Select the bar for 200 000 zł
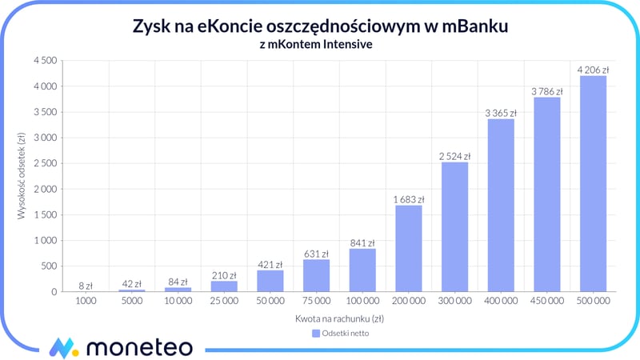point(408,249)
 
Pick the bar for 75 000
point(316,275)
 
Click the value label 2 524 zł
point(454,156)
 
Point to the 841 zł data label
point(362,243)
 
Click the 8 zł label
point(86,285)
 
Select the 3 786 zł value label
point(546,92)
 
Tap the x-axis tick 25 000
point(224,302)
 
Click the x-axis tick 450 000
point(546,302)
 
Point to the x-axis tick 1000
point(86,302)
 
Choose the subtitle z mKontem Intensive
point(320,45)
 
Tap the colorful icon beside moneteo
point(62,346)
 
